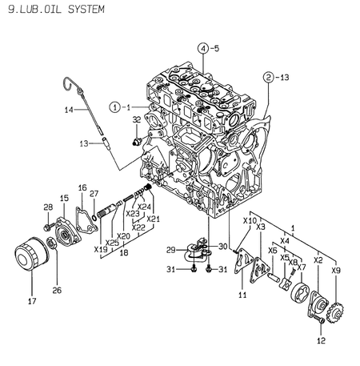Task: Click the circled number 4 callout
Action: (205, 49)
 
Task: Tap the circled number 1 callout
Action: (115, 107)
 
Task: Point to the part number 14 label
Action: (69, 109)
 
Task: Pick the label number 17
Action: (32, 302)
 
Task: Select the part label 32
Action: (137, 120)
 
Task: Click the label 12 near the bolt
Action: (322, 341)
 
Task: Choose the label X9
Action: (336, 271)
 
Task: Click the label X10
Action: (250, 220)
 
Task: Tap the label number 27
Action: (94, 193)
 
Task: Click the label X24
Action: (144, 206)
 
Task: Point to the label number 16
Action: (82, 187)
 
